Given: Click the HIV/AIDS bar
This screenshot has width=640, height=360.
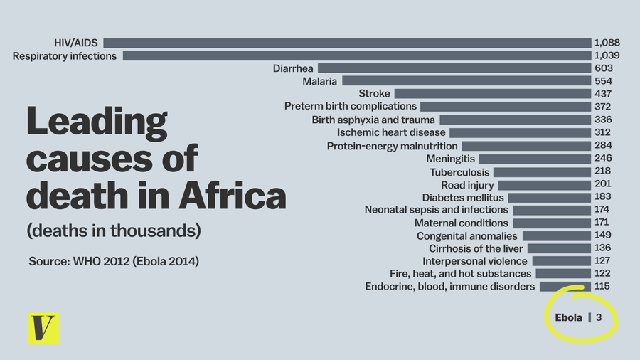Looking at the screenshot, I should coord(347,43).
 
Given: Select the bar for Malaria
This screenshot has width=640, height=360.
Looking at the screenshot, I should coord(466,81).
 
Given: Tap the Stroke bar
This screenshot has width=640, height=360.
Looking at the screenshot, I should coord(493,94).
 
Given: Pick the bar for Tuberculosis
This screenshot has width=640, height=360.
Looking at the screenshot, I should coord(542,172).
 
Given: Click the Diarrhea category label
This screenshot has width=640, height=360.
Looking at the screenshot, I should coord(293,68).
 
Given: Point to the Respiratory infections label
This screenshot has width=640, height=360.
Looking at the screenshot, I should coord(65,55).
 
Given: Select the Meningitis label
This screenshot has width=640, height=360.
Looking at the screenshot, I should coord(450,159).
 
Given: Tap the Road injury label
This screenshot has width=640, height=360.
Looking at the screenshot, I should coord(463,185).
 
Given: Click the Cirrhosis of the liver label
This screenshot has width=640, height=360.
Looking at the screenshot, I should coord(476,248).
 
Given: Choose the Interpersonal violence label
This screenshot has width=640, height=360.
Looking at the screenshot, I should coord(465,261).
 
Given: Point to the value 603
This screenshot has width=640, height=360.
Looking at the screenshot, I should coord(603,68).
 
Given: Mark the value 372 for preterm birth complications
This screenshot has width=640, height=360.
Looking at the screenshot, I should coord(603,107).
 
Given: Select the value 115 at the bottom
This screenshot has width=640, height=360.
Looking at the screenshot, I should coord(603,287).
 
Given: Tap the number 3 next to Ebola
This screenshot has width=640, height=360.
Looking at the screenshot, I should coord(599,317).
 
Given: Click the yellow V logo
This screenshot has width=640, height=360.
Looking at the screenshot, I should coord(43,328).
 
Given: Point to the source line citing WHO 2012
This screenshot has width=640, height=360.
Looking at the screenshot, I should coord(114,261).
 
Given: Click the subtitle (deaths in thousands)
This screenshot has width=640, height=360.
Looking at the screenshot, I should coord(114,231).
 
